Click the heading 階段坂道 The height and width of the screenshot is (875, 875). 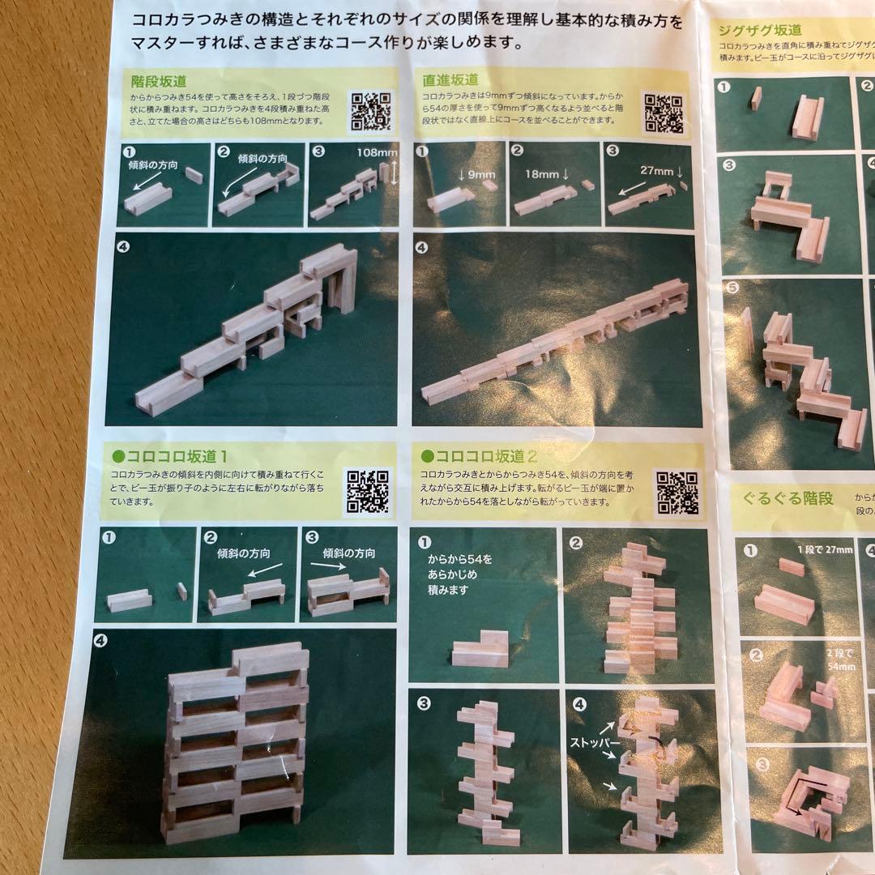pos(159,81)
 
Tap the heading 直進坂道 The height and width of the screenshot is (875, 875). pos(450,79)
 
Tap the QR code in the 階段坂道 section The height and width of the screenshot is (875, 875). pos(370,112)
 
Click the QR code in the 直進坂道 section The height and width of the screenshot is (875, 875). pos(664,112)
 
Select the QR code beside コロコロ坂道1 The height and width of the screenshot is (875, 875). pos(367,491)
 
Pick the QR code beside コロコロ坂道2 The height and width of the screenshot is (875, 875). pos(677,492)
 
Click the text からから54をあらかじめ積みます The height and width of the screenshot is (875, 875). pos(460,574)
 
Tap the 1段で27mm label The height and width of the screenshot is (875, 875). pos(825,550)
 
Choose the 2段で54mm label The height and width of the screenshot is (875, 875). pos(834,657)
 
